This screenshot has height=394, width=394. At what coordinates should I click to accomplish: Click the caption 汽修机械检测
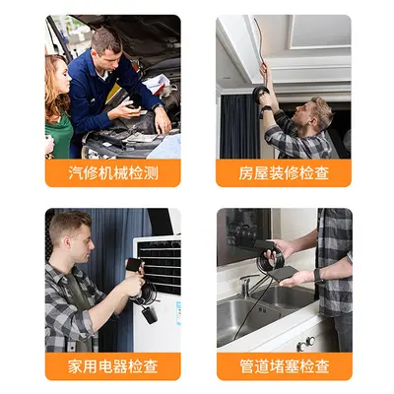click(113, 173)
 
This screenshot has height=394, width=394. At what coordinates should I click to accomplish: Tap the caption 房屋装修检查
click(284, 173)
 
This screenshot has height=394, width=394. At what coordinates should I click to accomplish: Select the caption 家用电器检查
click(113, 366)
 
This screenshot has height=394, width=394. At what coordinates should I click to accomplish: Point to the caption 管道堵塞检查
click(285, 366)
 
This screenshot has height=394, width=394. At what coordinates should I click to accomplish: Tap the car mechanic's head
click(105, 48)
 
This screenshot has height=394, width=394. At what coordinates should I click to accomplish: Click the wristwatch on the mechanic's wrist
click(158, 106)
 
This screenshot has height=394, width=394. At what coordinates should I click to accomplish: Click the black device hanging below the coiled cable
click(150, 314)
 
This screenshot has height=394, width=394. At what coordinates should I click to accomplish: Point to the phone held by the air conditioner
click(134, 265)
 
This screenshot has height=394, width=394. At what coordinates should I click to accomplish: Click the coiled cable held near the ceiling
click(260, 94)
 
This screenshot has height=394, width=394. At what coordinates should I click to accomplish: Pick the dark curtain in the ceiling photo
click(239, 127)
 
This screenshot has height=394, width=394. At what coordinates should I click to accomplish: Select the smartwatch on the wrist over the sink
click(318, 275)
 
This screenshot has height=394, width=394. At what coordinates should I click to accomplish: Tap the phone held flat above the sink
click(283, 274)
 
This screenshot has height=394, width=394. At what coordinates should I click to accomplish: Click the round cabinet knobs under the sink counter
click(306, 344)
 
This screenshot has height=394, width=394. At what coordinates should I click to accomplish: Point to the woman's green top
click(59, 136)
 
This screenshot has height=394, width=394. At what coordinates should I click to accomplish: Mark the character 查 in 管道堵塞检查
click(322, 366)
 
